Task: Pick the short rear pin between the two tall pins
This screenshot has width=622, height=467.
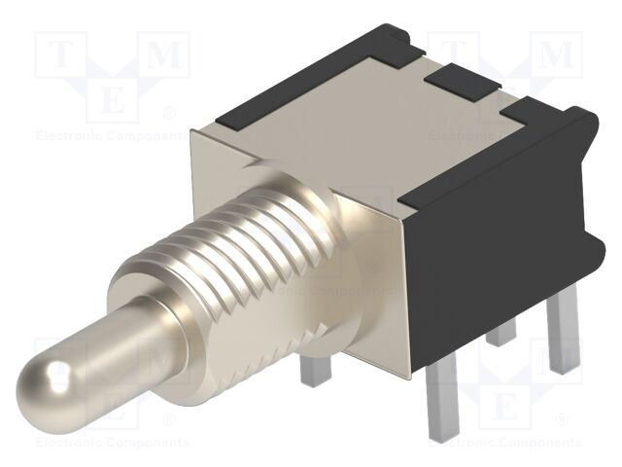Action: pos(501,331)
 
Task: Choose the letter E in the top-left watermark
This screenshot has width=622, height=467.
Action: pos(112,98)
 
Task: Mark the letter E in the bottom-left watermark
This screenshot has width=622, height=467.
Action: pos(112,405)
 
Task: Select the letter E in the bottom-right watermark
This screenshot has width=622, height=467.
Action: pos(505,405)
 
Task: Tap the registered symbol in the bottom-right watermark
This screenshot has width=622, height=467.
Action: pos(562,419)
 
